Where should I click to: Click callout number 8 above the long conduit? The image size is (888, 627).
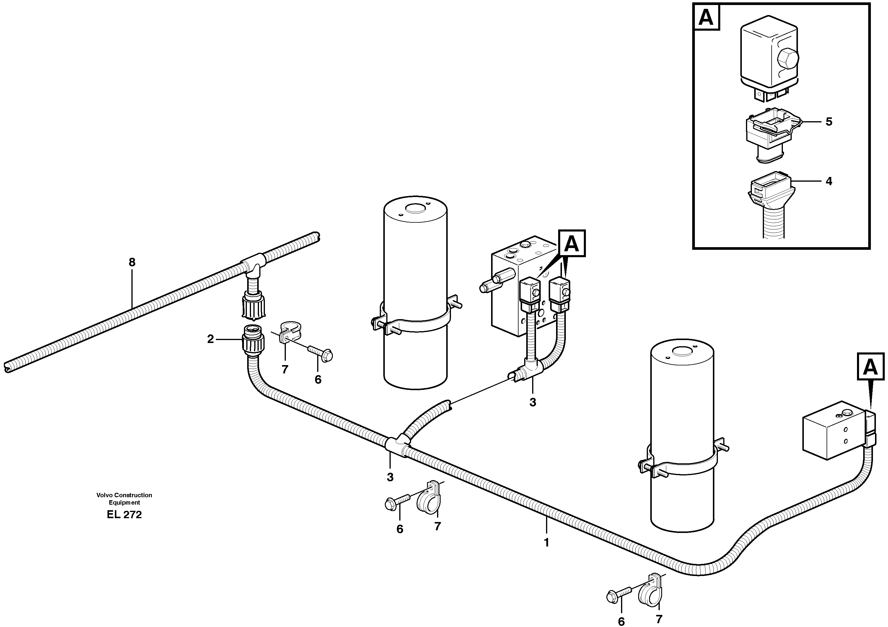pos(132,262)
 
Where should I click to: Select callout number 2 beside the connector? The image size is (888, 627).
pos(210,339)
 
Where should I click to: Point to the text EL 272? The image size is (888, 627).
pos(124,515)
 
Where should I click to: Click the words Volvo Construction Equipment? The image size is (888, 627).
pos(124,498)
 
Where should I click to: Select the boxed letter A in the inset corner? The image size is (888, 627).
pos(706,17)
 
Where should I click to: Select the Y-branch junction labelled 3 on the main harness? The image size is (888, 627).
pos(397,445)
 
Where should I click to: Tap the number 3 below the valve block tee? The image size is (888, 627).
pos(532,402)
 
